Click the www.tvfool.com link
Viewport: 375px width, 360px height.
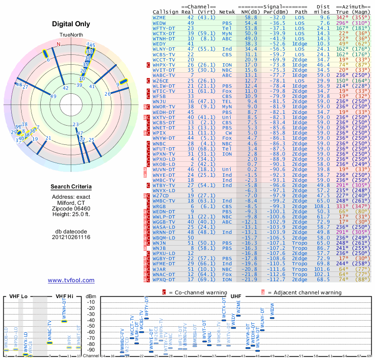click(x=71, y=280)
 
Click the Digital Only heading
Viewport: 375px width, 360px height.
click(x=71, y=24)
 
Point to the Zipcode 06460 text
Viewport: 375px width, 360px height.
click(x=71, y=209)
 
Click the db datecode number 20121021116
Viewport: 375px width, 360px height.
click(x=71, y=237)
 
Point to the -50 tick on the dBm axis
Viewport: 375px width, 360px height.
click(x=91, y=326)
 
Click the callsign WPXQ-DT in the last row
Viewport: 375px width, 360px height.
click(x=165, y=279)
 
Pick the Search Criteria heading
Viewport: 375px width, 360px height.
click(x=71, y=187)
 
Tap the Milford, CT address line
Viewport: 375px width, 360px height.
click(x=71, y=202)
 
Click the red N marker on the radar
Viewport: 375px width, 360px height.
click(x=59, y=45)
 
